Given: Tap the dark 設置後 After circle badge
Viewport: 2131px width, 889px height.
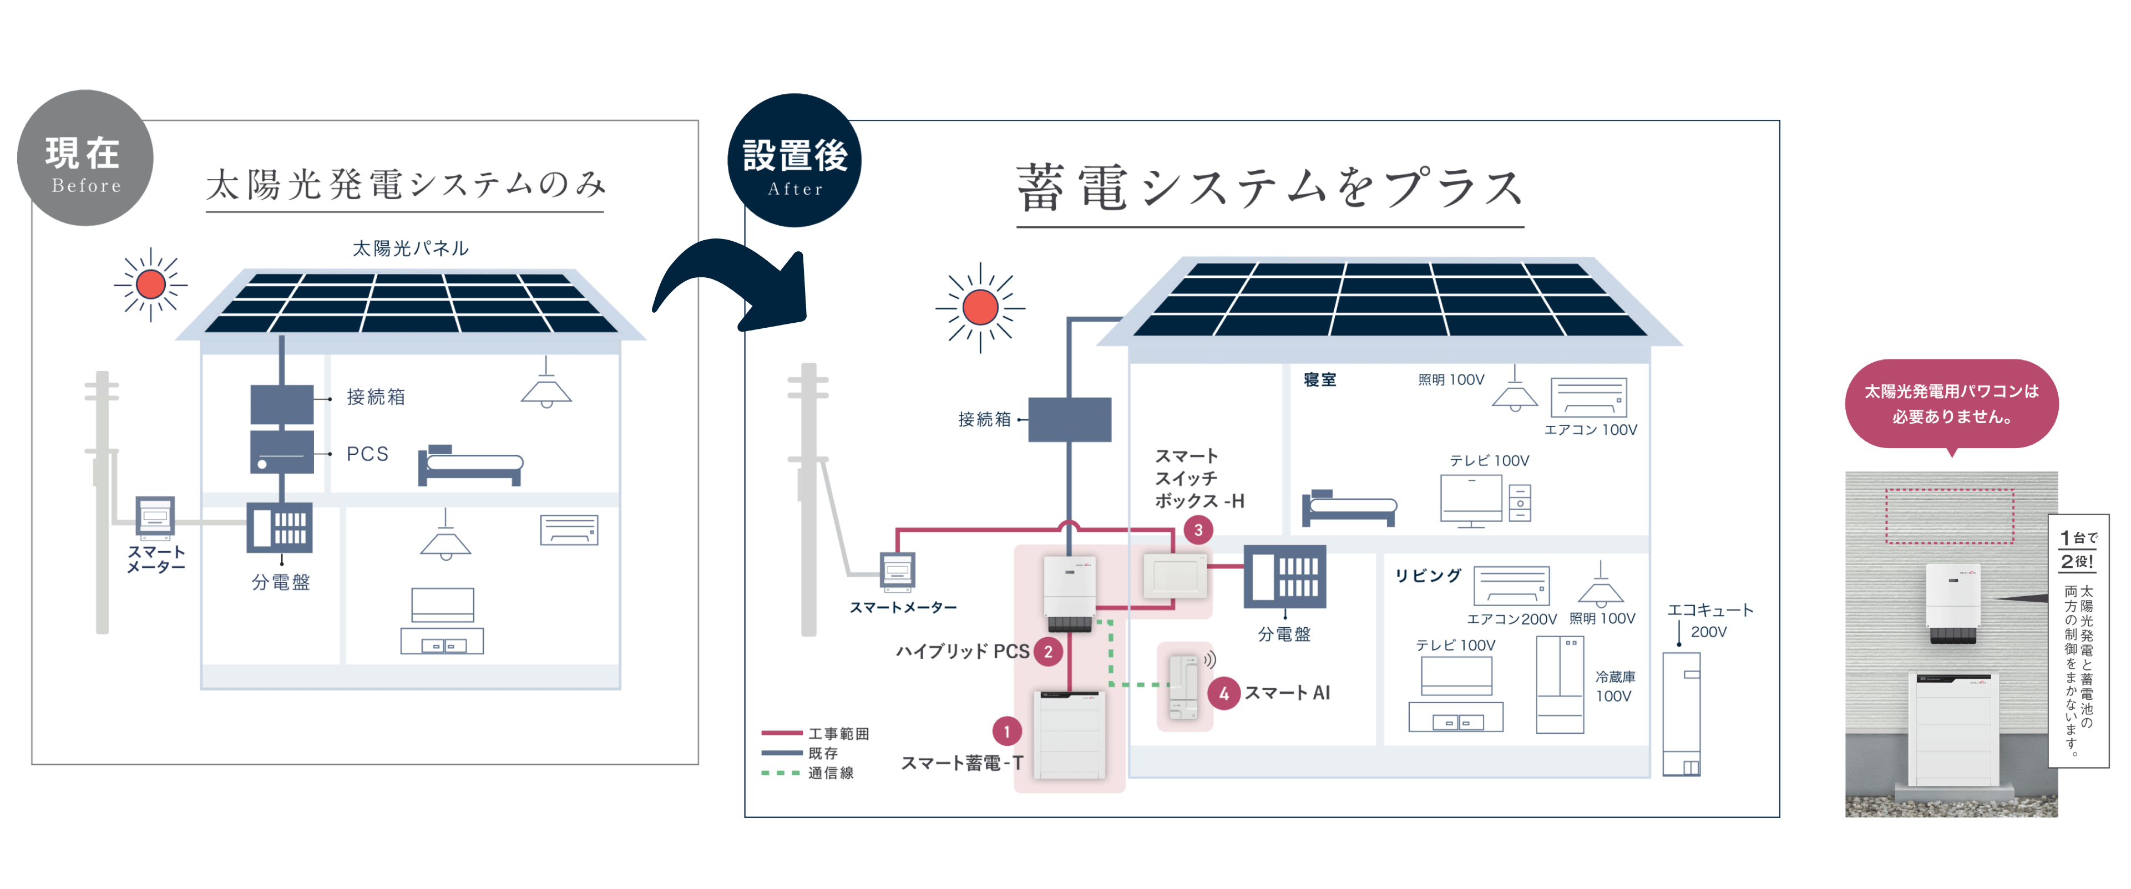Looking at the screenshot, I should [794, 160].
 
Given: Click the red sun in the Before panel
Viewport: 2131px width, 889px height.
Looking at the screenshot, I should [150, 285].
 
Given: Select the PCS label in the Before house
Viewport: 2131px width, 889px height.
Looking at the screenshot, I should [367, 454].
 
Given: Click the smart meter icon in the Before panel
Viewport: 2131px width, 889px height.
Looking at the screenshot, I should [155, 517].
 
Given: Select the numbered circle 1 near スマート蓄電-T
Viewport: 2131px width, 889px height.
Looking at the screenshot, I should [1007, 731].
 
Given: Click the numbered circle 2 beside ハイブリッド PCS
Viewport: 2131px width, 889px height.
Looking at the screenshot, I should [1048, 652].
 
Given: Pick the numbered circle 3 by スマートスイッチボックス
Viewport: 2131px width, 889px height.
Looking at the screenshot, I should [1198, 530].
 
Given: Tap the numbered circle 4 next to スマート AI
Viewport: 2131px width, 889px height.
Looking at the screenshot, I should [1223, 693].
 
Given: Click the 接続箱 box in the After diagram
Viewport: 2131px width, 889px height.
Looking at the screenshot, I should [1070, 419].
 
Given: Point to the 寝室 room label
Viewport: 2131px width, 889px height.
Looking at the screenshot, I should [1319, 379].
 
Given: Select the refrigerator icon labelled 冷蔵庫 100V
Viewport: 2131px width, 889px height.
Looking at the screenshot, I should [1560, 685].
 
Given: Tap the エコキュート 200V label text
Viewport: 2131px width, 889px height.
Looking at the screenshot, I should [1710, 619].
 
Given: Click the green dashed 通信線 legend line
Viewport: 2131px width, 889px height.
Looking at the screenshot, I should [780, 773].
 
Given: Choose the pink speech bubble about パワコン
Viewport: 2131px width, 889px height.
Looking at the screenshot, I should [1951, 404].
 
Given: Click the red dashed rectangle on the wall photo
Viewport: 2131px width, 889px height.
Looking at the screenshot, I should [1949, 516].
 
